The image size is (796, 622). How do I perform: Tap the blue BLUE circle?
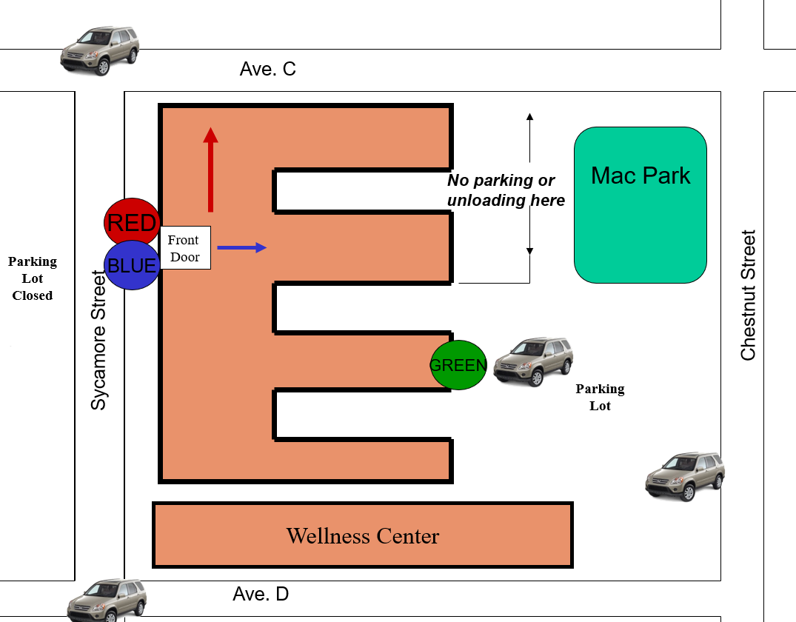(x=132, y=266)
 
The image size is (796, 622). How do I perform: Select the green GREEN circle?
(x=458, y=365)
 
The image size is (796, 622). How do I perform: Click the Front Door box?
(x=185, y=248)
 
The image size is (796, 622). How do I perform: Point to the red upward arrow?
(x=211, y=170)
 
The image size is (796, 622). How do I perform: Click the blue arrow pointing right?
(x=241, y=248)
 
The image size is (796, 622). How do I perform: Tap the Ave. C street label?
(x=267, y=69)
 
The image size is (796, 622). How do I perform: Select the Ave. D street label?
(x=261, y=594)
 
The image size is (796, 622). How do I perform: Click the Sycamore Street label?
(x=98, y=340)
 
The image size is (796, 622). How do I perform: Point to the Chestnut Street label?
(x=749, y=295)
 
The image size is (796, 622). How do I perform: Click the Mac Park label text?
(x=641, y=175)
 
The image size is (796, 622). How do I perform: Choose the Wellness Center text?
(x=363, y=536)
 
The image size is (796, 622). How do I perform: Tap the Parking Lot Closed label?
(x=33, y=278)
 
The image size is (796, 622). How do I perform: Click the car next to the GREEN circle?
(x=533, y=361)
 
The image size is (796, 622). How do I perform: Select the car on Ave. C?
(x=99, y=51)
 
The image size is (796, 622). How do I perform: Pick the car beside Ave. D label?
(x=107, y=601)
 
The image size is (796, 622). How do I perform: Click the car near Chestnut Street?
(x=685, y=476)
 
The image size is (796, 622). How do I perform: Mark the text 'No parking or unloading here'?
(x=506, y=190)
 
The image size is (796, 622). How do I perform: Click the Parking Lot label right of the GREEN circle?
(x=600, y=397)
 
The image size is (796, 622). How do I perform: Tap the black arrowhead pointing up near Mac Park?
(x=530, y=116)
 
